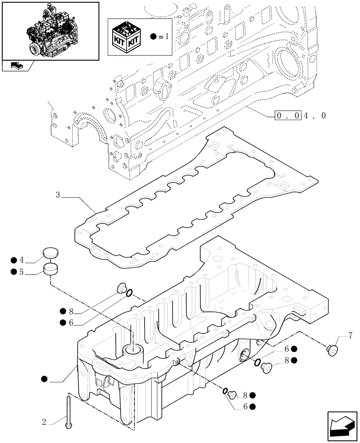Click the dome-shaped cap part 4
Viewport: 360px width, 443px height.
click(x=50, y=254)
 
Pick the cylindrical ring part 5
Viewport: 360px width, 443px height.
click(x=51, y=269)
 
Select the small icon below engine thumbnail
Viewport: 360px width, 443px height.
click(x=17, y=66)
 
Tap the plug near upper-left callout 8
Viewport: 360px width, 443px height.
click(x=120, y=289)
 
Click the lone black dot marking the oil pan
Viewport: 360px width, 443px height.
click(x=44, y=378)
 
